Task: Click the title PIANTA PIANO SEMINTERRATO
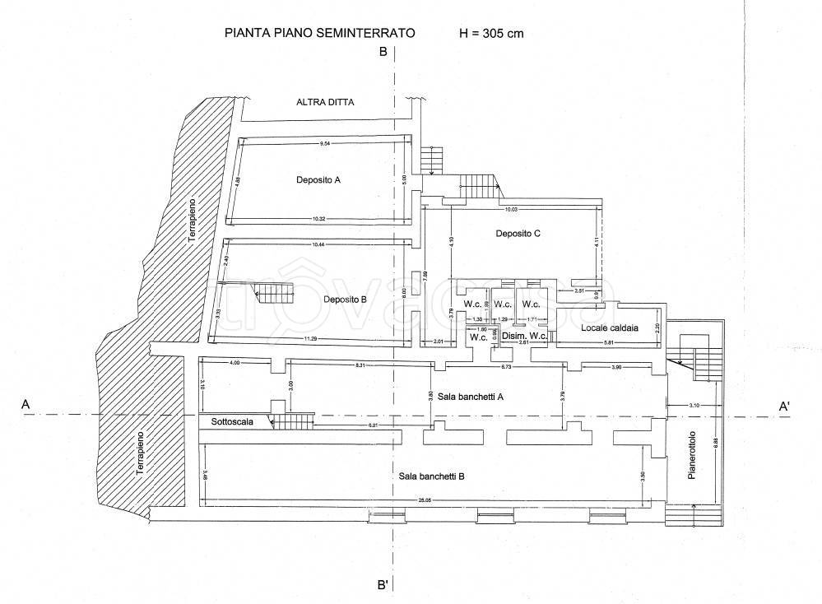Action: [x=319, y=34]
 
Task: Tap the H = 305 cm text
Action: [x=491, y=34]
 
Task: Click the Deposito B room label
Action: [x=346, y=300]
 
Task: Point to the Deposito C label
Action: [x=518, y=234]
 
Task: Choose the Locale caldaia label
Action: [x=609, y=328]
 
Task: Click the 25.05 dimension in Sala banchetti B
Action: [x=424, y=499]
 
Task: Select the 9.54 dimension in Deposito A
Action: [x=327, y=144]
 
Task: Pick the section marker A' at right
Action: [x=784, y=406]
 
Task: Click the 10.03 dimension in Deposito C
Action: [x=512, y=209]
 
